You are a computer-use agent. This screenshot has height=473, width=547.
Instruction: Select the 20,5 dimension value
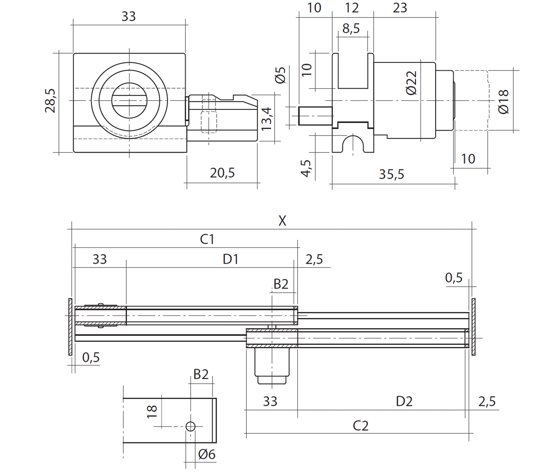click(222, 173)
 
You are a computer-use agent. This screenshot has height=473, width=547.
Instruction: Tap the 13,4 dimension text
click(267, 119)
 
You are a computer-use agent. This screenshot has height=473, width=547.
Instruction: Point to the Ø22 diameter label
click(411, 83)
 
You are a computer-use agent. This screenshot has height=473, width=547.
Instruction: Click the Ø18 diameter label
click(503, 102)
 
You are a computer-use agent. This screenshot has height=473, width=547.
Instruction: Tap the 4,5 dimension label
click(306, 168)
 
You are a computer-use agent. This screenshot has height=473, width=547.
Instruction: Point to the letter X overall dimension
click(282, 221)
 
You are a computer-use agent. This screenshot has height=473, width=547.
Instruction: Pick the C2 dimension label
click(360, 426)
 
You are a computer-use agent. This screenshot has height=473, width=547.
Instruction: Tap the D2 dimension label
click(404, 402)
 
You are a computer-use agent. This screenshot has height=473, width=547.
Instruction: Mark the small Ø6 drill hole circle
click(190, 426)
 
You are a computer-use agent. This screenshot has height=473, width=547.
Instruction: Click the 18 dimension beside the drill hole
click(152, 412)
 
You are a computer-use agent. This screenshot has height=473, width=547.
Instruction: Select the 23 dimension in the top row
click(400, 8)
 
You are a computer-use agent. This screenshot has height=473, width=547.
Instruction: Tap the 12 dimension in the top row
click(352, 8)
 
